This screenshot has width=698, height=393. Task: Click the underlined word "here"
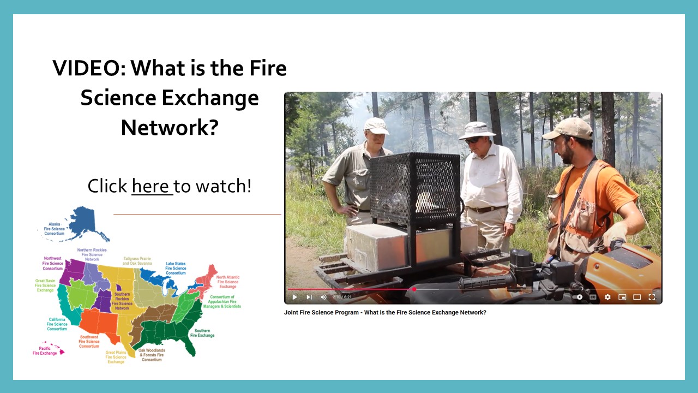pyautogui.click(x=151, y=186)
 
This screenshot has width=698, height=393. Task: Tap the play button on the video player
pyautogui.click(x=295, y=297)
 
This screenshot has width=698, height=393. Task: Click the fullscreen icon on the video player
pyautogui.click(x=652, y=297)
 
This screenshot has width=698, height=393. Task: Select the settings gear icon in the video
pyautogui.click(x=607, y=297)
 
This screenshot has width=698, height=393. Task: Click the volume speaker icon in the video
pyautogui.click(x=323, y=297)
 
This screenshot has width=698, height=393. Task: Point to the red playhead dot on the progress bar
pyautogui.click(x=414, y=289)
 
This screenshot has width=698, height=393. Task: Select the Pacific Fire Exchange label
pyautogui.click(x=45, y=350)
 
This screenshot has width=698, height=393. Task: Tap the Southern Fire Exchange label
pyautogui.click(x=202, y=333)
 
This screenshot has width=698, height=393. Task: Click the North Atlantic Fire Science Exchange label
pyautogui.click(x=227, y=282)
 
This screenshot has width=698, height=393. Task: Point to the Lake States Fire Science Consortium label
pyautogui.click(x=176, y=268)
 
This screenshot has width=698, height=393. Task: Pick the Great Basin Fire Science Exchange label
pyautogui.click(x=45, y=285)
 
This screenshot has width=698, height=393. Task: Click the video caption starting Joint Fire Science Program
pyautogui.click(x=385, y=313)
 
